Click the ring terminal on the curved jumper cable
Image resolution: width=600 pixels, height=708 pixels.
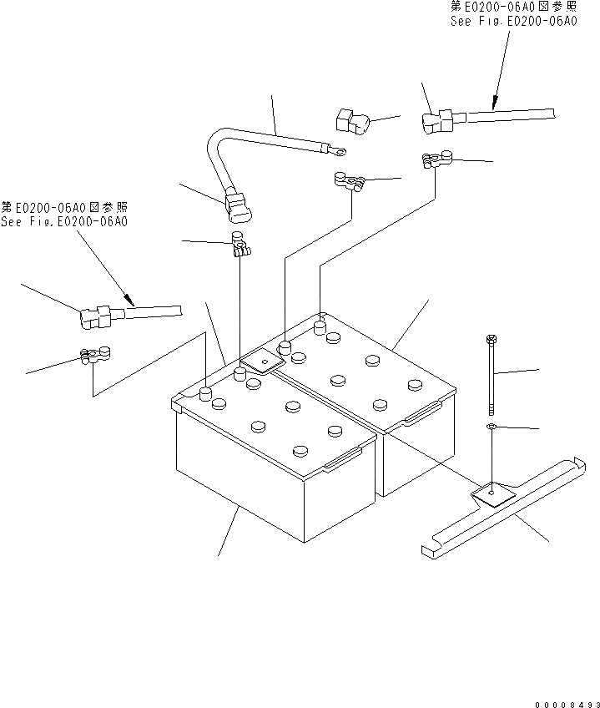tap(338, 152)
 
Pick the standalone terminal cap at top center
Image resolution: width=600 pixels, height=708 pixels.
tap(350, 122)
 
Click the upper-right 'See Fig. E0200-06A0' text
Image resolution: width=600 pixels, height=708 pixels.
tap(512, 22)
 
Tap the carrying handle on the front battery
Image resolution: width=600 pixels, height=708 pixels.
tap(343, 460)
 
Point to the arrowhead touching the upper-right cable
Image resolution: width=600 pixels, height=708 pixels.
tap(494, 106)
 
